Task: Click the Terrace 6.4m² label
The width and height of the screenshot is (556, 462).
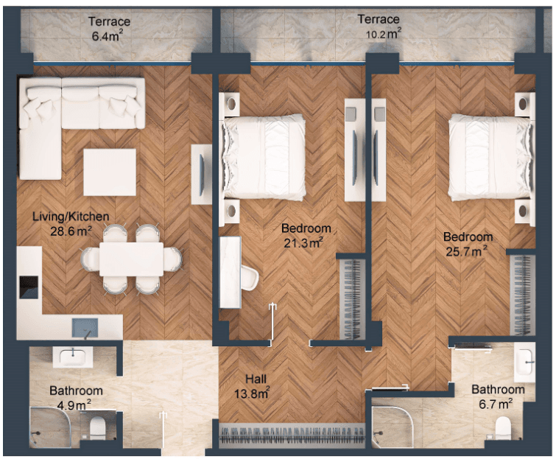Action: point(108,29)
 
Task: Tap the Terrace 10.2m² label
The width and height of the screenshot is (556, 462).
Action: point(379,26)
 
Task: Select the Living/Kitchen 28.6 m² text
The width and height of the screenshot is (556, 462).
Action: point(71,223)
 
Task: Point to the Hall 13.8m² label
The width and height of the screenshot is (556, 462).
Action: point(252,386)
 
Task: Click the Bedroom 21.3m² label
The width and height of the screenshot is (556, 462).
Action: point(306,235)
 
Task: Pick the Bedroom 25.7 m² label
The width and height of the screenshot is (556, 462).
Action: point(468,244)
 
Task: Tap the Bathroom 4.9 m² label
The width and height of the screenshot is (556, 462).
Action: point(76,397)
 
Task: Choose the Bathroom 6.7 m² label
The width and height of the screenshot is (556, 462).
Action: point(498,396)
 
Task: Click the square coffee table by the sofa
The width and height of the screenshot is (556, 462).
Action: point(110,172)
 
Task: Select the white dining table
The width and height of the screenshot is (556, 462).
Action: point(131,259)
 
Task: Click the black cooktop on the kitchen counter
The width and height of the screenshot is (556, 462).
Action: point(29,287)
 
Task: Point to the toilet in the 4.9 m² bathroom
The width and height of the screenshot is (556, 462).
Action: point(97,428)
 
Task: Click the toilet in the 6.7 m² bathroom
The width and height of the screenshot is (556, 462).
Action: point(504,429)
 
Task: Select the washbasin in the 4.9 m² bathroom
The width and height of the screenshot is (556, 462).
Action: point(73,357)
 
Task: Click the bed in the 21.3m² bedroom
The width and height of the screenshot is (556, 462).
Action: point(264,157)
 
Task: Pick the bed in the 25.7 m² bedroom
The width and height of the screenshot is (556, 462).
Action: point(490,158)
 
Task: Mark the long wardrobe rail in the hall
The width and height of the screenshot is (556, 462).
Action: point(292,433)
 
